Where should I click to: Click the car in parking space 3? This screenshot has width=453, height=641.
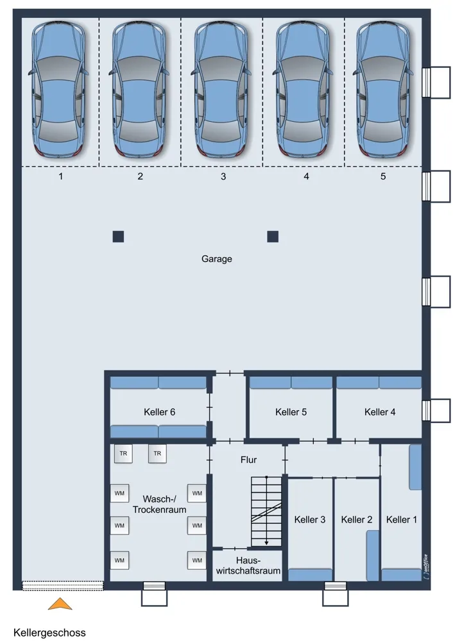point(221,90)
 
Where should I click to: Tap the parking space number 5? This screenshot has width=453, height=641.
point(383,176)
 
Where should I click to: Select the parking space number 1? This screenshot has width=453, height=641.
point(61,177)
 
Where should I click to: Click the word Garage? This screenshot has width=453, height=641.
point(216,259)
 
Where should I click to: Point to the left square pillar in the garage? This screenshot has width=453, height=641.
point(118,237)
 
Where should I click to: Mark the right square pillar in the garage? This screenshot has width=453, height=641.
point(273,237)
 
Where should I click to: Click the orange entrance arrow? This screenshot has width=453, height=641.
point(60,604)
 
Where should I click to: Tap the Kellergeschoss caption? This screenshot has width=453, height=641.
point(49,633)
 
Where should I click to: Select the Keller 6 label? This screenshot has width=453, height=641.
point(160,412)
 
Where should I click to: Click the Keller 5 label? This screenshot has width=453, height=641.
point(291,412)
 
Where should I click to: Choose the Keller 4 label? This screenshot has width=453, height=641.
point(380,412)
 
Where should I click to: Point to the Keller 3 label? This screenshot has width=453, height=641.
point(310,520)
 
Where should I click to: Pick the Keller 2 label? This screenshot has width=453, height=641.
point(357,520)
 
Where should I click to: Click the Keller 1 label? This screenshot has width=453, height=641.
point(402,520)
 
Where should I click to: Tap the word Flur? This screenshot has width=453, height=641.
point(248,460)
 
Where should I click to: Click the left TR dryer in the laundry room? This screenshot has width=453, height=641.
point(123,454)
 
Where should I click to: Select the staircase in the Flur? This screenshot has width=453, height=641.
point(266,512)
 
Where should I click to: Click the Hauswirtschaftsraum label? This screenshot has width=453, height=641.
point(248,565)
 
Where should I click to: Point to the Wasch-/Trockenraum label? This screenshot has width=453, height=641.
point(160,504)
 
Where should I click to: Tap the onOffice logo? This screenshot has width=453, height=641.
point(425,566)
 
